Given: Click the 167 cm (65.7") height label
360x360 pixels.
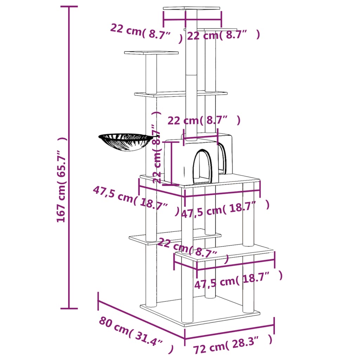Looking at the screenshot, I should (x=62, y=179).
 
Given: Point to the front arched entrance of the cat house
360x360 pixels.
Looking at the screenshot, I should (x=202, y=166).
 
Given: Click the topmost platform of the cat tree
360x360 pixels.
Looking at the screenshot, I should (x=192, y=8).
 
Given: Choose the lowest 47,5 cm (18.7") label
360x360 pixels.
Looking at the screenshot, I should (x=238, y=280).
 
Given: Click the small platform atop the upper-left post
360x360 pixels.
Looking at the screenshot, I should (x=151, y=53).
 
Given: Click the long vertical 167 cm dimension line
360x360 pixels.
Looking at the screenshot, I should (x=69, y=158).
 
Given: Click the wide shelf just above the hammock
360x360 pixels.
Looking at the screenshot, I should (x=180, y=94).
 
